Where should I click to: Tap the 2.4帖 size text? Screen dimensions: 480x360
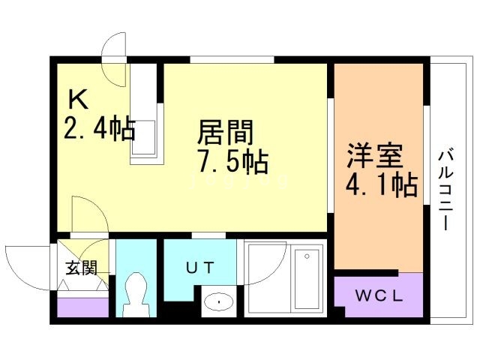(x=100, y=128)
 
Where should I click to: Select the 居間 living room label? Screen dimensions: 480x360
(x=226, y=132)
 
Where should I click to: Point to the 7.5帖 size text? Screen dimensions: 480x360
(x=233, y=162)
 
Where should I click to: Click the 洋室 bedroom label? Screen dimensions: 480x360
(x=374, y=156)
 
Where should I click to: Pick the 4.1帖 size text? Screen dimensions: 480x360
(x=382, y=185)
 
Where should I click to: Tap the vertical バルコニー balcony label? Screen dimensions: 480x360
(x=445, y=190)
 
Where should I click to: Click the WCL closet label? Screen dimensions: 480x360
(x=379, y=295)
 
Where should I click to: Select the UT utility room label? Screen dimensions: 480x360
(x=200, y=268)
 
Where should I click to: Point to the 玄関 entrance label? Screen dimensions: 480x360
(x=82, y=268)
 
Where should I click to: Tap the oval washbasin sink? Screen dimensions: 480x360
(x=218, y=301)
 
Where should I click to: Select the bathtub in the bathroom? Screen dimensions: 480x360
(x=307, y=279)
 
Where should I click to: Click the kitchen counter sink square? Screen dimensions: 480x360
(x=144, y=137)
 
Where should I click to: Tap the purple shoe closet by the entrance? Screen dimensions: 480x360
(x=83, y=307)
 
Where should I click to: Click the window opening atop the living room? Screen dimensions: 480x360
(x=232, y=59)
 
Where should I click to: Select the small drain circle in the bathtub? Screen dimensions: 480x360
(x=307, y=256)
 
